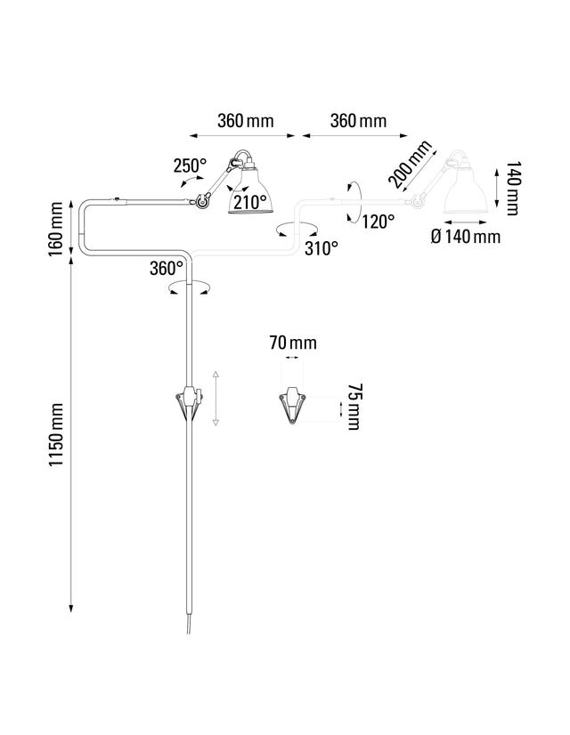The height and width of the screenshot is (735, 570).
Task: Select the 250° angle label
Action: click(190, 166)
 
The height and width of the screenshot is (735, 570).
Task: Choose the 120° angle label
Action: click(379, 221)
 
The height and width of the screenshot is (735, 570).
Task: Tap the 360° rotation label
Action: click(167, 268)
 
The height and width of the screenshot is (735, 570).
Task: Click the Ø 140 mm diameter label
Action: click(465, 236)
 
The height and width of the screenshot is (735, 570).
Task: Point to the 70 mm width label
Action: click(292, 343)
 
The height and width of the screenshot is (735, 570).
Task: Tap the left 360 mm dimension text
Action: click(245, 121)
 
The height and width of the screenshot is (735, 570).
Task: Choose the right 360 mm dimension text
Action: click(357, 121)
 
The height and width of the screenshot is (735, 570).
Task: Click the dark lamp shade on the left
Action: click(249, 190)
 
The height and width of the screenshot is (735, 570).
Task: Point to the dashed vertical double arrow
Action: click(216, 399)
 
